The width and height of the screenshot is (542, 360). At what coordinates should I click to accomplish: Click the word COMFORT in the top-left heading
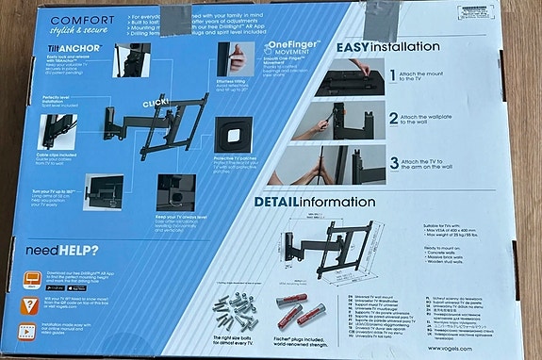tap(82, 19)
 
